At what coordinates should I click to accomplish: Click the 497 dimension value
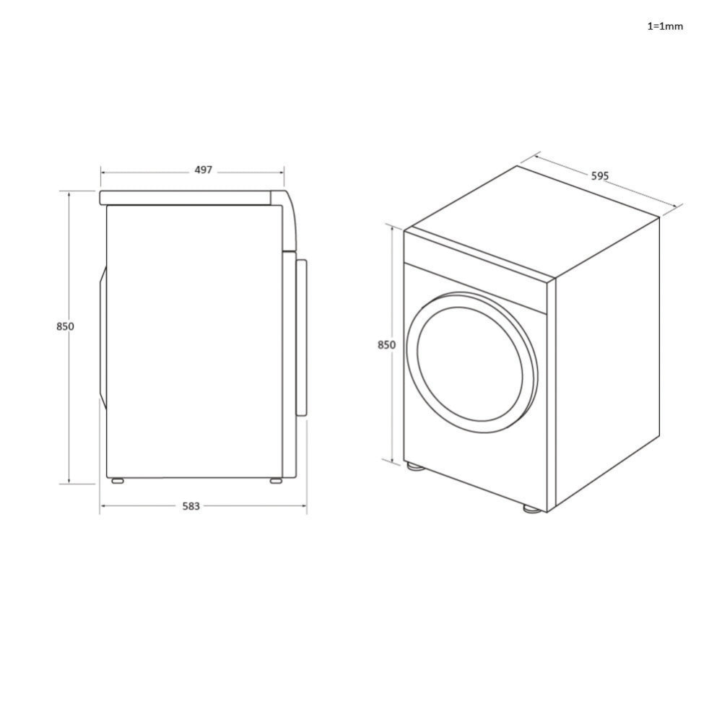point(204,170)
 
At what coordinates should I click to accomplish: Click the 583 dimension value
point(191,507)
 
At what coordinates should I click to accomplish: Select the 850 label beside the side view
point(65,326)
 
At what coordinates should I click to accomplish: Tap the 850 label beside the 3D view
point(386,345)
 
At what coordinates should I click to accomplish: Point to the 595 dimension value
point(600,175)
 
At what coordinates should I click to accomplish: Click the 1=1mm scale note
point(664,26)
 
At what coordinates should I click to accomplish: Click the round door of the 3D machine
point(471,362)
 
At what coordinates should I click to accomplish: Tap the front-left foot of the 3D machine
point(414,466)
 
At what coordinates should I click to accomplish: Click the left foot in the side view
point(116,480)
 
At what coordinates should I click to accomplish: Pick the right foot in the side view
point(277,480)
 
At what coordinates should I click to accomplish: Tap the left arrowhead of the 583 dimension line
point(103,506)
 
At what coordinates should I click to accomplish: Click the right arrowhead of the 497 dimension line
point(282,173)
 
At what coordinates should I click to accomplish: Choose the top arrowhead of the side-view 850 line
point(69,193)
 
